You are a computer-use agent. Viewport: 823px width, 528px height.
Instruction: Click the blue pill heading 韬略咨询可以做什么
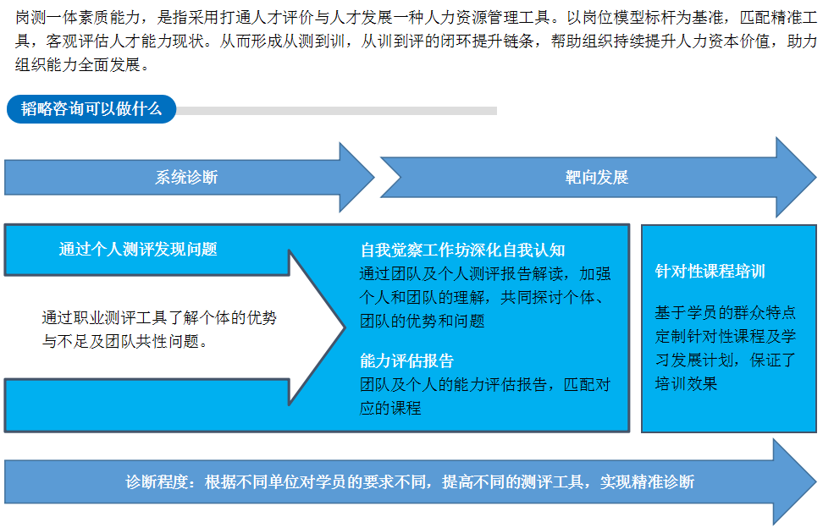[91, 109]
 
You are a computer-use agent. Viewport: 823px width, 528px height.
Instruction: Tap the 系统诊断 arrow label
[186, 177]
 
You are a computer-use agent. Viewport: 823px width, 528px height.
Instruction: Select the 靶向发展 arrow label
[597, 177]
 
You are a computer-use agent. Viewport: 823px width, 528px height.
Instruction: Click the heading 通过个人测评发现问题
[138, 249]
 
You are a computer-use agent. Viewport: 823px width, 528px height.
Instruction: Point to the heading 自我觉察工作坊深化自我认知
[462, 250]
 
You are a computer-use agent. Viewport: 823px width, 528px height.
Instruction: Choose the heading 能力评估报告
[406, 360]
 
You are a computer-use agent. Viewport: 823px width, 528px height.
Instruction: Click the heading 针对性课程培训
[710, 271]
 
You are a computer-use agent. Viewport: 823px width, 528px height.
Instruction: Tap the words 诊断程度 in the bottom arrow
[157, 481]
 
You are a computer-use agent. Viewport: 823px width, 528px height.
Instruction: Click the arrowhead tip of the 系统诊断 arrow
[374, 177]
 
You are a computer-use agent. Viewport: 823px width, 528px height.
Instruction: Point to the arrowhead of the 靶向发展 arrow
[795, 177]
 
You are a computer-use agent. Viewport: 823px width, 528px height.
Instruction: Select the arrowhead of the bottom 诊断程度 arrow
[794, 481]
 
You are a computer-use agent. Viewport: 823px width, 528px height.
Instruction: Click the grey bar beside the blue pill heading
[336, 111]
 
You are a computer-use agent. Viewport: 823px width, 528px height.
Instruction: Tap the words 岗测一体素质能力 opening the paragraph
[78, 17]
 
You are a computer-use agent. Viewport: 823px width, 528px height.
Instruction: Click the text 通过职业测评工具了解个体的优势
[159, 318]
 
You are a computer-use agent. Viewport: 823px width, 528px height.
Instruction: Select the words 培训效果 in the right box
[686, 384]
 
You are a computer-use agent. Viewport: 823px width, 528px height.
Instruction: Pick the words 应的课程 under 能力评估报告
[390, 408]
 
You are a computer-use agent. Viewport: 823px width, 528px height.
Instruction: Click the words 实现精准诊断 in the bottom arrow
[647, 481]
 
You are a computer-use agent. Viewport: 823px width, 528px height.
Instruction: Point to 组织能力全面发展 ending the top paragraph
[77, 64]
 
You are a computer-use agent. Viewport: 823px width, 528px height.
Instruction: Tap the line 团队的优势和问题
[423, 321]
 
